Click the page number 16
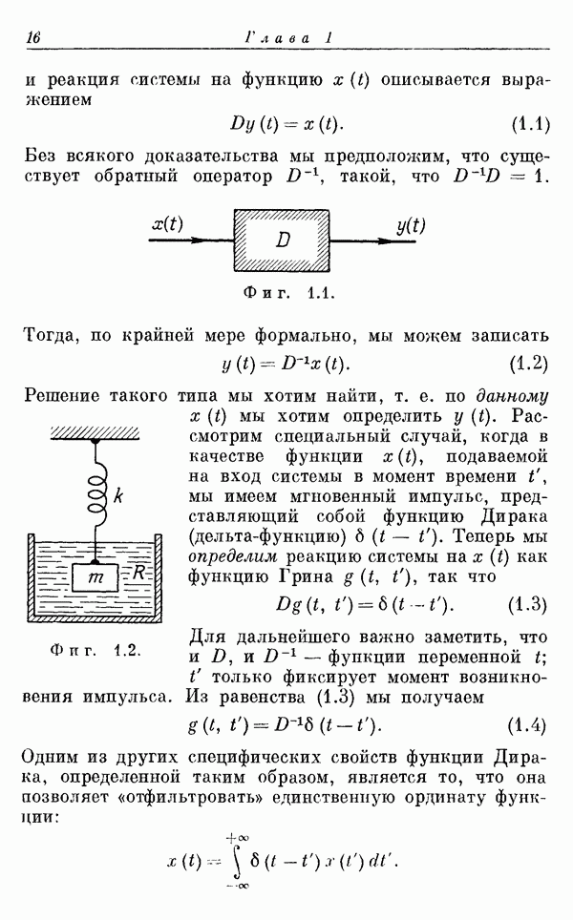coord(32,37)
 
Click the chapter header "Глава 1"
coord(288,38)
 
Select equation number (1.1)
coord(530,124)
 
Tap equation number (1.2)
coord(528,364)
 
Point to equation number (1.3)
coord(527,604)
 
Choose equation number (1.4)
coord(526,726)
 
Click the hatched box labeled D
coord(282,240)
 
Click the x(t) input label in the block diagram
coord(167,224)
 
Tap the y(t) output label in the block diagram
coord(411,225)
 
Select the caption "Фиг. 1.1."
coord(288,292)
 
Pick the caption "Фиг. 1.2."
coord(95,650)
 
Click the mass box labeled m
coord(95,577)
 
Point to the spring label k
coord(118,496)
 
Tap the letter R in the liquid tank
coord(138,572)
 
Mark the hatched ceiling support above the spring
coord(95,433)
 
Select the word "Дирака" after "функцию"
coord(514,517)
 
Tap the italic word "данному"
coord(512,397)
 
